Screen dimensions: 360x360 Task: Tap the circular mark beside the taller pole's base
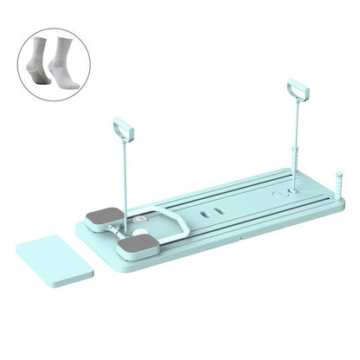[x=278, y=196]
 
